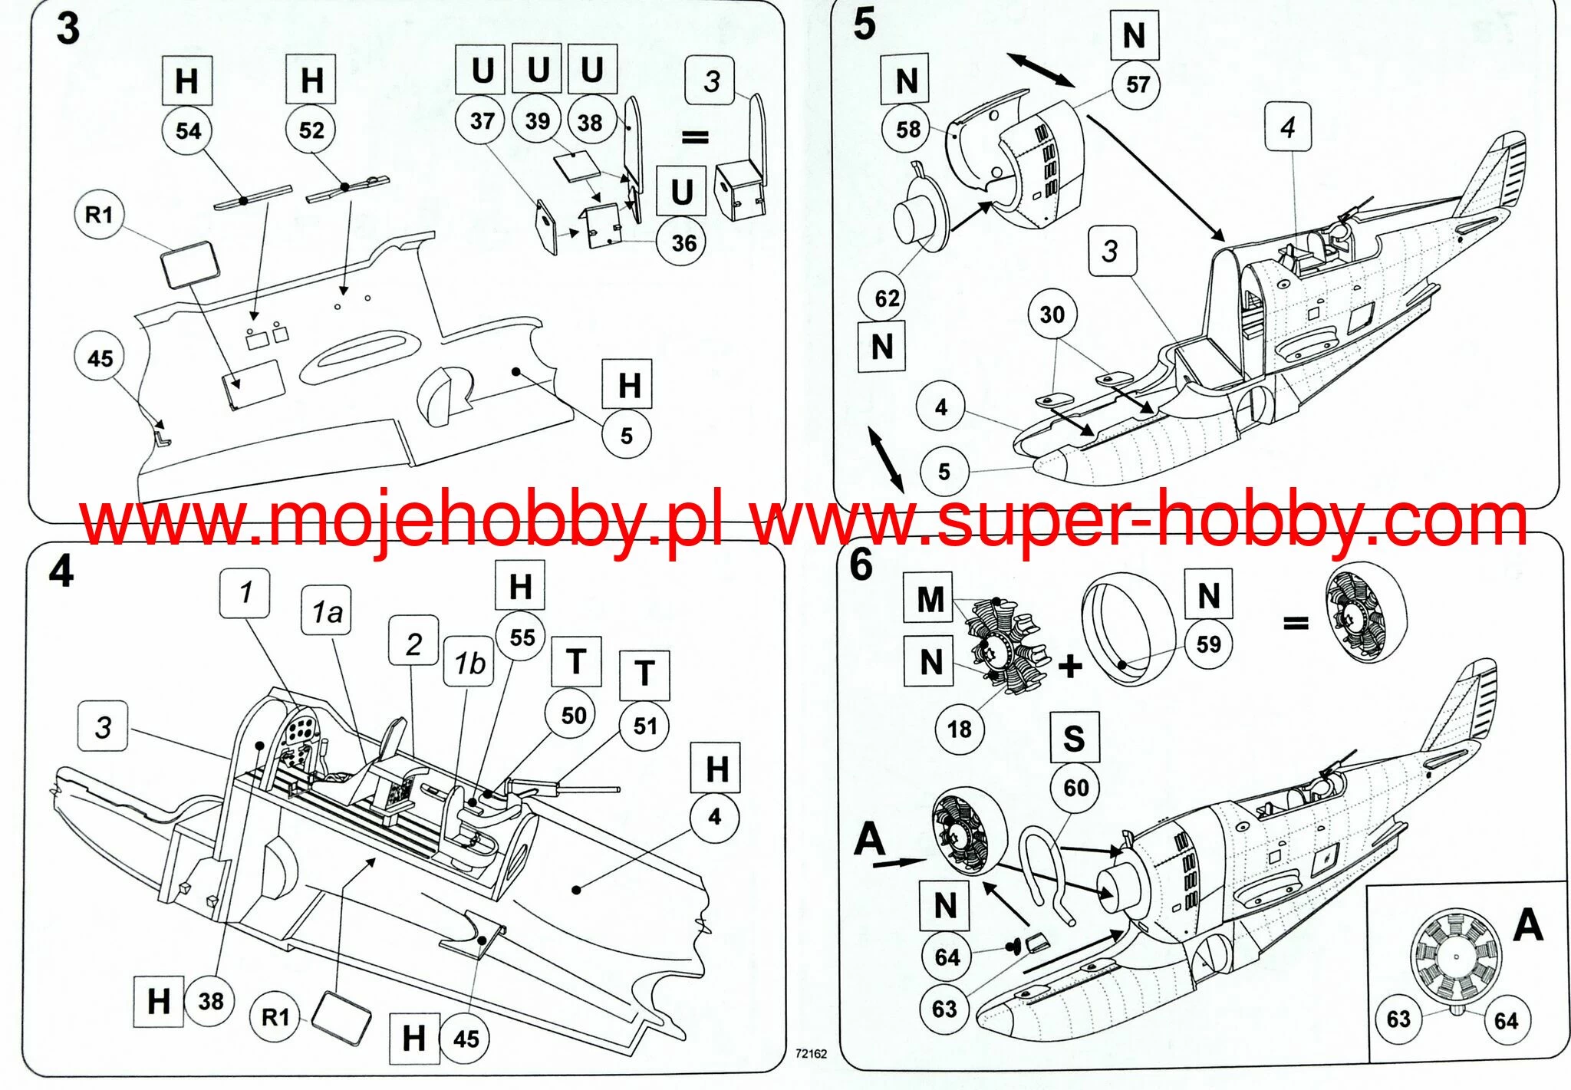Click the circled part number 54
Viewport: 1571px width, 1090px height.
(188, 130)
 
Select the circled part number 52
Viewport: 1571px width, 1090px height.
(311, 130)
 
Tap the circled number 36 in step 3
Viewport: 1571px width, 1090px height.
(683, 243)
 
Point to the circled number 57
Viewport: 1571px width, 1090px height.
(1137, 84)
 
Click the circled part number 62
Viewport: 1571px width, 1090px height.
(887, 298)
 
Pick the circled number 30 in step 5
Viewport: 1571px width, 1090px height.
(1052, 314)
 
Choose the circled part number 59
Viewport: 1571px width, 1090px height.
(1208, 644)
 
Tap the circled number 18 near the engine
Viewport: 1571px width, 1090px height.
(959, 729)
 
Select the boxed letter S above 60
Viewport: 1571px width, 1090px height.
(1073, 738)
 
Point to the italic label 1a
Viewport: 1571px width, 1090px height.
(327, 612)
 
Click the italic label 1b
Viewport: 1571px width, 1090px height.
(469, 664)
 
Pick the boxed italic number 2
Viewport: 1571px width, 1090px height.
(413, 644)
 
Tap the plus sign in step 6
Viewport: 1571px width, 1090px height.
(1070, 666)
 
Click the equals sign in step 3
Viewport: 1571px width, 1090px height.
(695, 138)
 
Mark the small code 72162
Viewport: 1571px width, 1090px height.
(811, 1054)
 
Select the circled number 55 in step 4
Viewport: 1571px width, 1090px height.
(522, 637)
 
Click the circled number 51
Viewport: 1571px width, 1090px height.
(645, 726)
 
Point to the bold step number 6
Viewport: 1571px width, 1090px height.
(861, 565)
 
